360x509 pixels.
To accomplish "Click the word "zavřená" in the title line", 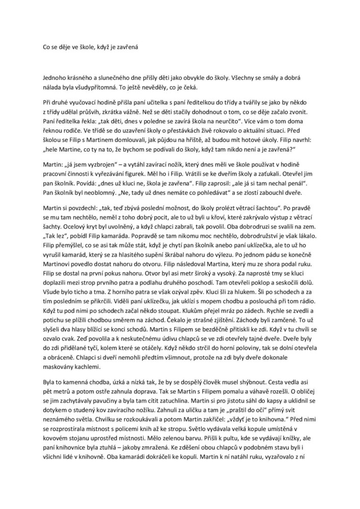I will point(127,46).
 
